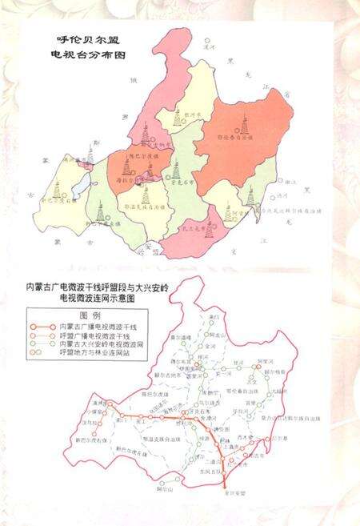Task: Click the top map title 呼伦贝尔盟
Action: point(80,38)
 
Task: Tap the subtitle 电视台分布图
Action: point(80,57)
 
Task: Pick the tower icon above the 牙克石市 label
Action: point(176,169)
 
